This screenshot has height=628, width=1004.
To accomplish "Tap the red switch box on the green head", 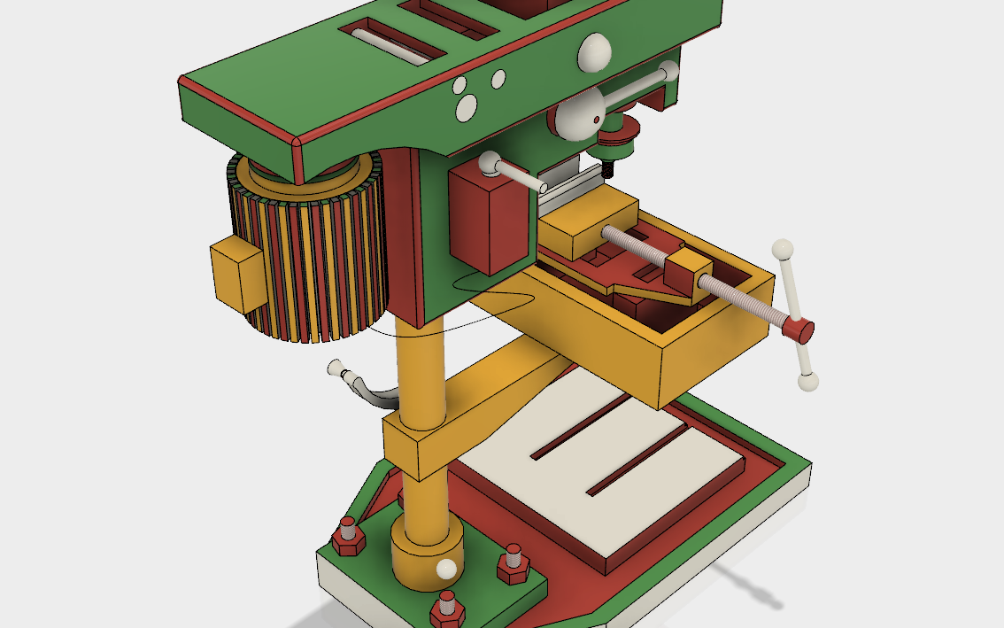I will point(488,221).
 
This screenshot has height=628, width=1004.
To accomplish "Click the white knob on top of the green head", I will point(596,53).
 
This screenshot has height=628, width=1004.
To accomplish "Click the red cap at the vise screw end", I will point(800,330).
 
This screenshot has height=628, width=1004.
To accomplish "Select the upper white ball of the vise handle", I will point(784,250).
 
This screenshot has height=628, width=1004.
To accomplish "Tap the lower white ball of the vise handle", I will point(807,382).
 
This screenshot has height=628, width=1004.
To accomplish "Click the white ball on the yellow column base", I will point(448,568).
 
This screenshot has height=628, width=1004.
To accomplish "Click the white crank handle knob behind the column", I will point(336,367).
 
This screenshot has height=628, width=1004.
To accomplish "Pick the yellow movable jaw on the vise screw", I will point(687,270).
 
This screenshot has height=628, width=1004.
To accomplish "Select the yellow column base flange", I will point(427,549).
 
